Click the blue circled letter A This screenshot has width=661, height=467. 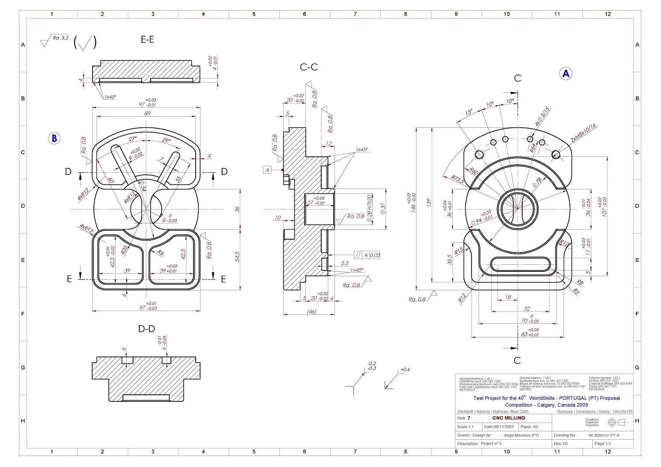(566, 74)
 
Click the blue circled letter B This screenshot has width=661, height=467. (54, 138)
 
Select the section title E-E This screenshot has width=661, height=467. (147, 39)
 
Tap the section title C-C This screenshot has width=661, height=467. (308, 67)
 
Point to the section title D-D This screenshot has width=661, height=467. (147, 329)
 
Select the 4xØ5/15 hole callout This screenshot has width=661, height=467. (543, 117)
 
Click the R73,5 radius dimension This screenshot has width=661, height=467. (458, 179)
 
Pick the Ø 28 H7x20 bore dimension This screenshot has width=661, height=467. (369, 208)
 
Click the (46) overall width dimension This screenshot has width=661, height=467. (311, 311)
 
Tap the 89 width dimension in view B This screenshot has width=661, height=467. (147, 113)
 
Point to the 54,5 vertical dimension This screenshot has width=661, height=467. (238, 257)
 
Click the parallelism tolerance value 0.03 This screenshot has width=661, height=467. (375, 255)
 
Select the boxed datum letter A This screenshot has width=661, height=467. (267, 170)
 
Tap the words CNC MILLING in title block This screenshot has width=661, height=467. (509, 418)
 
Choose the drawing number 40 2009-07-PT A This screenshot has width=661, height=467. (604, 435)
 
